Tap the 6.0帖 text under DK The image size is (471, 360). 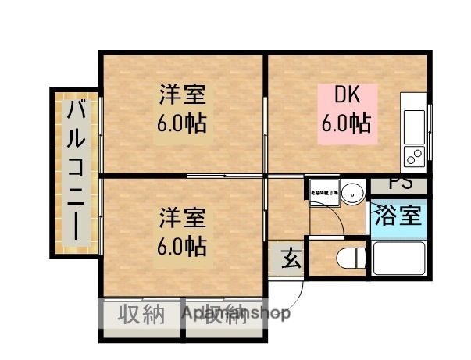click(x=346, y=123)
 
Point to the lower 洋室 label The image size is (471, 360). click(x=182, y=215)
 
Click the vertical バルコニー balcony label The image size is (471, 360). click(x=76, y=169)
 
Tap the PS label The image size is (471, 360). click(x=400, y=185)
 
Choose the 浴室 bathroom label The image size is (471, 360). click(x=398, y=214)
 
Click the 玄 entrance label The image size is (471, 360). click(x=289, y=257)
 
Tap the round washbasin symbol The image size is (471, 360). click(x=352, y=191)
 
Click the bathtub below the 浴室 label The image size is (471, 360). click(x=398, y=258)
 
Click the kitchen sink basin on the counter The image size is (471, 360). click(x=413, y=121)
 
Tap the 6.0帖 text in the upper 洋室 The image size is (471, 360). click(x=182, y=123)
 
